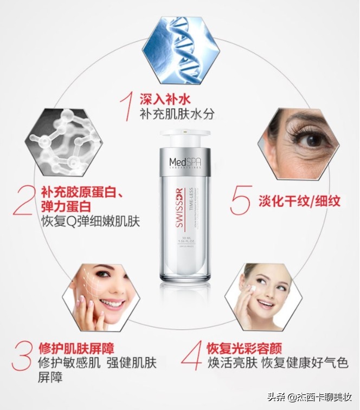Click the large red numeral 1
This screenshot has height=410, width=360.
pos(127,106)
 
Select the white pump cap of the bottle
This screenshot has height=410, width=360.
pos(185,138)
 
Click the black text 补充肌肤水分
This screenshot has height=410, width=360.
pos(176,114)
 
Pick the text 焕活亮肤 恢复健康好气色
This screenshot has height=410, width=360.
pos(278,362)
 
